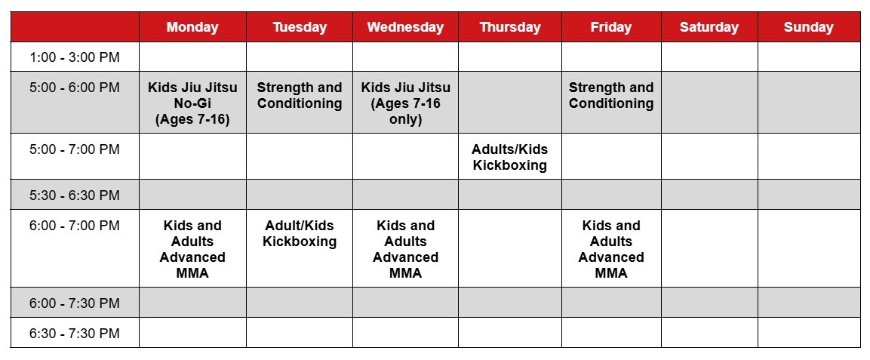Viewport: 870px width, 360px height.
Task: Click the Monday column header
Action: [x=192, y=27]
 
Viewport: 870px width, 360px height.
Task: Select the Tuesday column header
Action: [x=300, y=27]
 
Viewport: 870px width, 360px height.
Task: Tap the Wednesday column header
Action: [x=406, y=27]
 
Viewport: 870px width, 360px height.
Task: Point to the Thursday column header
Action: [x=510, y=27]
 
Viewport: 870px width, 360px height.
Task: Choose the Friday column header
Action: [x=611, y=27]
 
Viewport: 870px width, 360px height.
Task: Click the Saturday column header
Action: [x=709, y=27]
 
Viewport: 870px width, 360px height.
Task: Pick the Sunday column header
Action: [x=808, y=27]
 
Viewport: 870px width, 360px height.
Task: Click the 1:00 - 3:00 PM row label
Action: [x=75, y=57]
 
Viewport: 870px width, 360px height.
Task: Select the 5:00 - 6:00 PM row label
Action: [x=75, y=87]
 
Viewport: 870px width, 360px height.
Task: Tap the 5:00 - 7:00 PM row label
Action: [x=75, y=149]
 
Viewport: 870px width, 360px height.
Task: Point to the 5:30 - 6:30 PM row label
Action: [x=75, y=195]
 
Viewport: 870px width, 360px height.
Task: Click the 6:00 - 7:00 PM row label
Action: [x=75, y=225]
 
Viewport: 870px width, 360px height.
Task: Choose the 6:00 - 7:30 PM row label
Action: [x=75, y=303]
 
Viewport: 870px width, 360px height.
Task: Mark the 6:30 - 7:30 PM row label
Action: [x=75, y=333]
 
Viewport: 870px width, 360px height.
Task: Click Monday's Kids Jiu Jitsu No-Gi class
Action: [x=192, y=103]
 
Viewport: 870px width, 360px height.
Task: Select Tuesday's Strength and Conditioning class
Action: [x=300, y=95]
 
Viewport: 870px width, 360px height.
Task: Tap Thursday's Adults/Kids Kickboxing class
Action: [x=510, y=157]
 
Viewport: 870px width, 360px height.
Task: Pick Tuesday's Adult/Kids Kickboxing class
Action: [x=300, y=233]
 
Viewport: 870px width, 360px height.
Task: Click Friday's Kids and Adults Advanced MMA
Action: [x=611, y=249]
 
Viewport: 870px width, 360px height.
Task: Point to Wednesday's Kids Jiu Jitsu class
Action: [x=406, y=103]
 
